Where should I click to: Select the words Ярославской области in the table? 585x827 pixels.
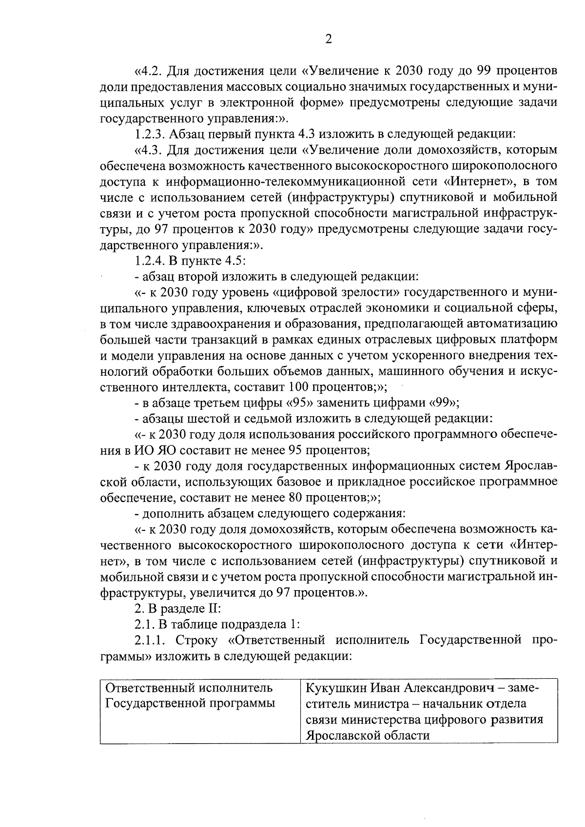click(x=368, y=735)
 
